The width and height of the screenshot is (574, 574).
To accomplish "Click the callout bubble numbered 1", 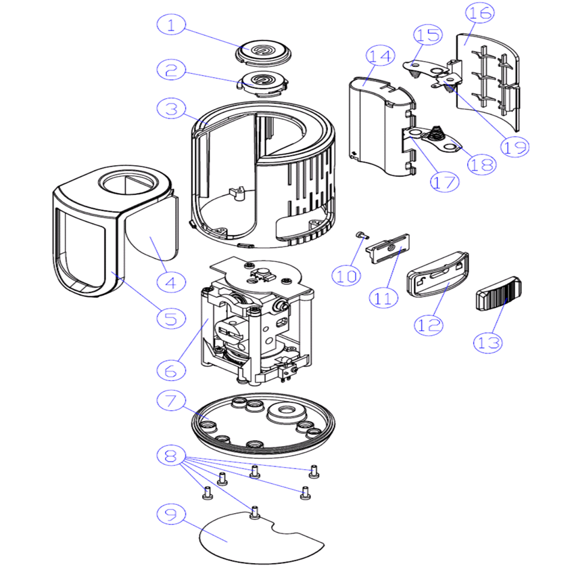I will pos(171,26).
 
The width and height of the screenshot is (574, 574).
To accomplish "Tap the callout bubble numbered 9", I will pos(171,514).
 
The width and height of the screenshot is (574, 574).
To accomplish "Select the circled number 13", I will pos(489,342).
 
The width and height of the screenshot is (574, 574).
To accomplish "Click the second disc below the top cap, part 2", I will pos(264,83).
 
